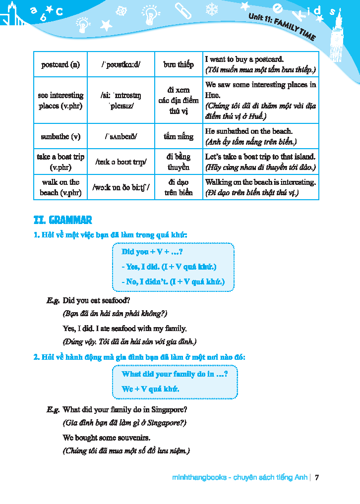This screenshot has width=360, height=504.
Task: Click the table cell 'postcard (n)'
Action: click(x=60, y=64)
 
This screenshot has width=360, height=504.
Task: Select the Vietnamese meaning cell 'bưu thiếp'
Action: click(x=179, y=64)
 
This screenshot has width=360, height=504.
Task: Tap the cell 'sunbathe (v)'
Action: click(x=60, y=136)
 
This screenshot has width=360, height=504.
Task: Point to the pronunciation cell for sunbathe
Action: click(x=121, y=136)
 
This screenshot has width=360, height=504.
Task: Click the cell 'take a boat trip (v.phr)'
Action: click(x=60, y=162)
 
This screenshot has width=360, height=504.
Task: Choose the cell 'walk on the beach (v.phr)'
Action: click(x=60, y=187)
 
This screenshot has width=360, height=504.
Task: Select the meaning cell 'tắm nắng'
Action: click(x=179, y=136)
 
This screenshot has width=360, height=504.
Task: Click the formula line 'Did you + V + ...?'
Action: click(x=149, y=252)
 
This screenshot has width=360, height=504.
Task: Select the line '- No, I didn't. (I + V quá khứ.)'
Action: click(x=173, y=282)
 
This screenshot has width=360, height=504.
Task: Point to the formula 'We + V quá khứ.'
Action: click(x=151, y=389)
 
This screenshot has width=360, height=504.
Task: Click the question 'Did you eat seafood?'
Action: click(x=97, y=300)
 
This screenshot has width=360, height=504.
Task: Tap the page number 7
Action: click(x=317, y=478)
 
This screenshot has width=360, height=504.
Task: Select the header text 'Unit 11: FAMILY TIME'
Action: click(x=282, y=26)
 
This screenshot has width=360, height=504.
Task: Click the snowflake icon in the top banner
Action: click(x=212, y=9)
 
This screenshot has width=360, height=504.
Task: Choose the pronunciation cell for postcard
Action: click(x=121, y=64)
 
